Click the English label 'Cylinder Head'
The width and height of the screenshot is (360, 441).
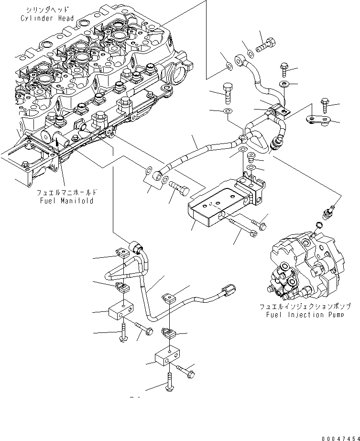(x=47, y=18)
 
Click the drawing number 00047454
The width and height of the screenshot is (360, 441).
(x=338, y=435)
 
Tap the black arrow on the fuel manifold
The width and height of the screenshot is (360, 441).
(x=56, y=141)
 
